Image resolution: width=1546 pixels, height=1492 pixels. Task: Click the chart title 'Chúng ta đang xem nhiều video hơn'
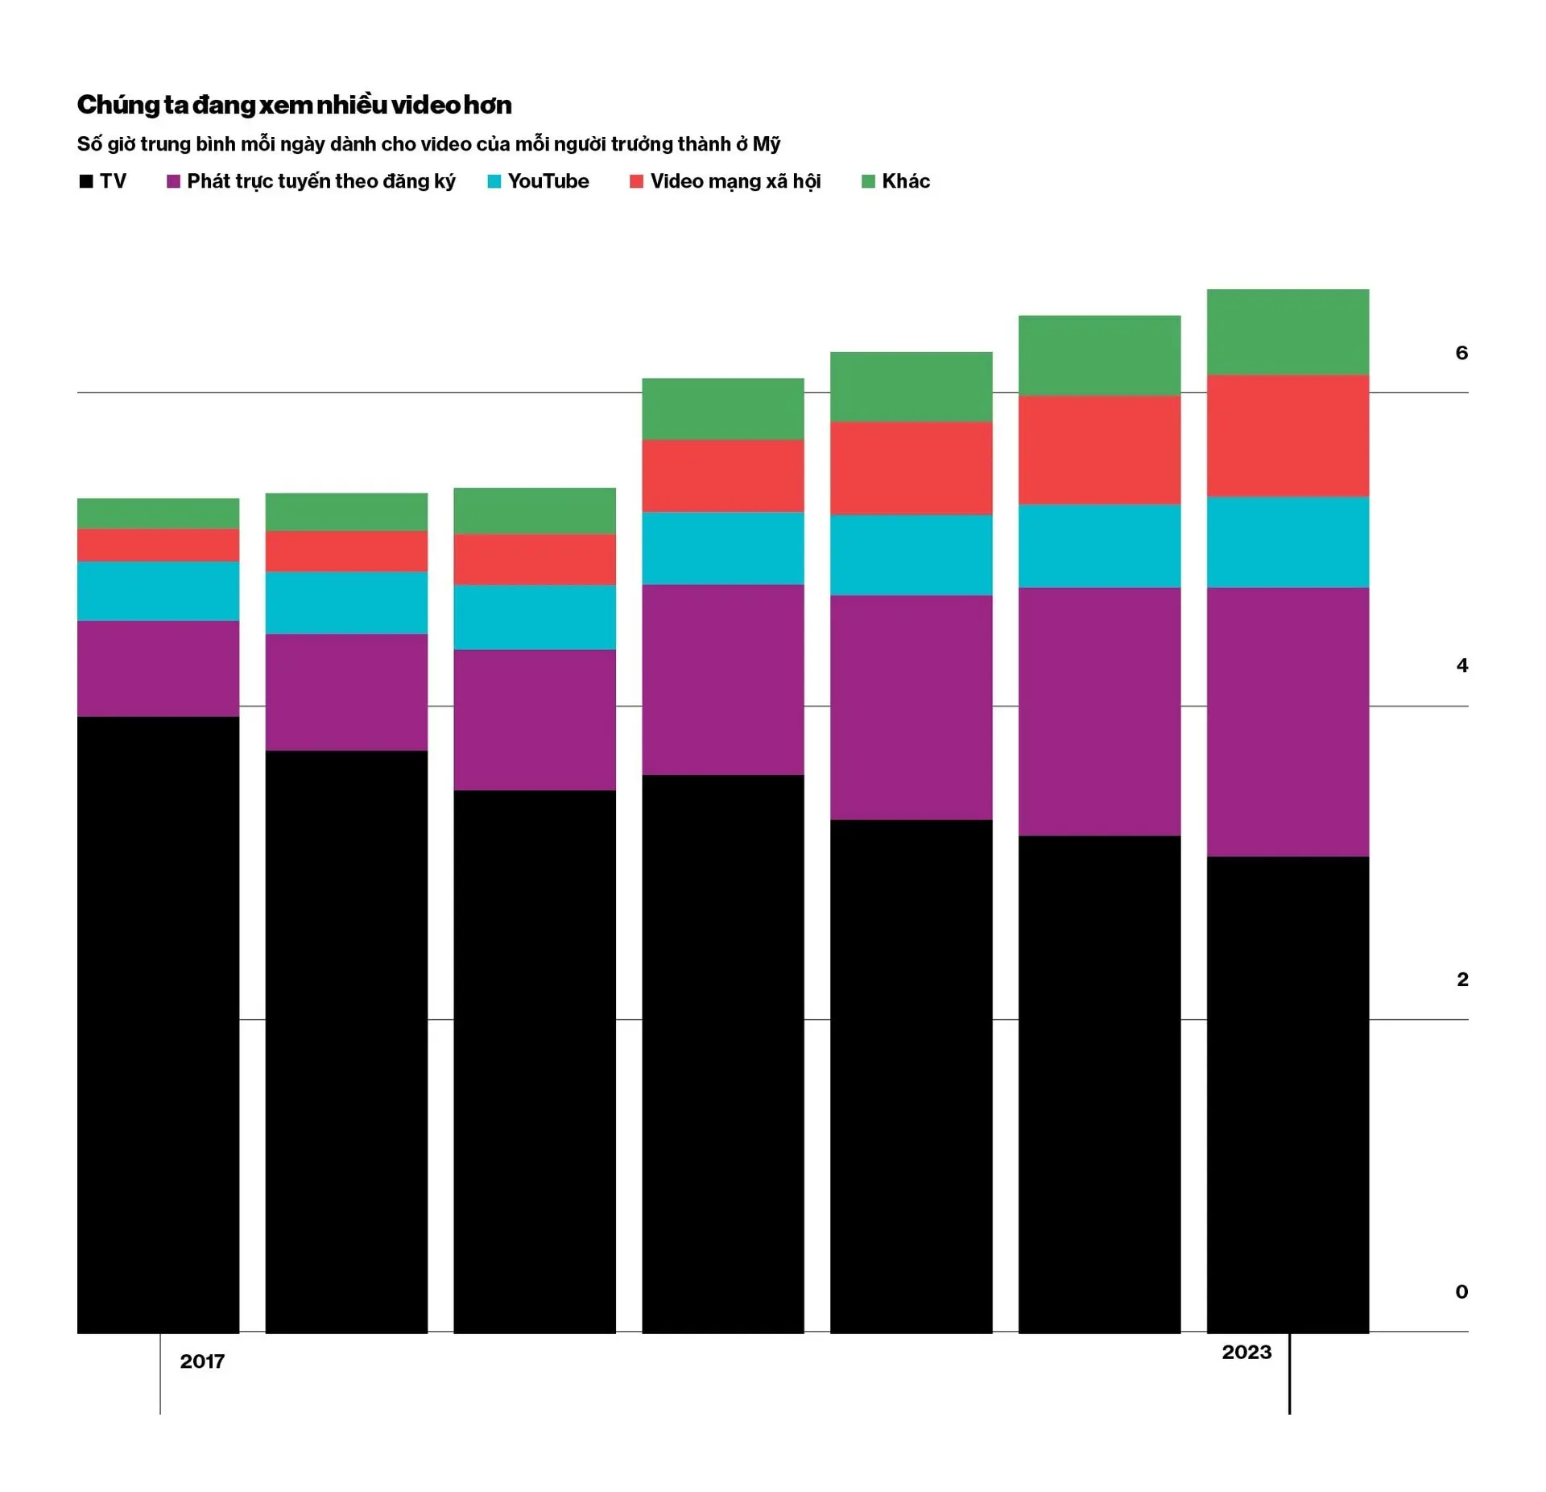click(x=294, y=105)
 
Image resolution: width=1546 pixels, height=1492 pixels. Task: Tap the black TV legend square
click(x=86, y=181)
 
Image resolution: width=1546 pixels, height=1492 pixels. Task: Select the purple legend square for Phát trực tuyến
click(x=173, y=181)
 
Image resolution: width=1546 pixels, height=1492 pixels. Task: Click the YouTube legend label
click(x=548, y=181)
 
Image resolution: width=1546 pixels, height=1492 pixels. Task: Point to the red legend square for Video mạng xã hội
click(x=636, y=181)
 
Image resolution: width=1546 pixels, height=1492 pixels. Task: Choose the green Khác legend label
click(x=905, y=181)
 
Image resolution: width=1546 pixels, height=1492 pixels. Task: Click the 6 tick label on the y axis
click(x=1461, y=353)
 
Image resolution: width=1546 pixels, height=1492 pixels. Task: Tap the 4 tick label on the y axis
click(x=1461, y=665)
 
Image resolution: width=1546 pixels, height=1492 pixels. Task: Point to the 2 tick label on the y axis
click(x=1461, y=980)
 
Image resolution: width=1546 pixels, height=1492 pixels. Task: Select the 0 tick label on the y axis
click(x=1461, y=1292)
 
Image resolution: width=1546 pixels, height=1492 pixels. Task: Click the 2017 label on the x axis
click(x=202, y=1361)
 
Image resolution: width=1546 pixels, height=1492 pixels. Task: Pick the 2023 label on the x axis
click(x=1246, y=1352)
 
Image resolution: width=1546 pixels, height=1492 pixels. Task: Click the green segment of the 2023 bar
click(x=1287, y=332)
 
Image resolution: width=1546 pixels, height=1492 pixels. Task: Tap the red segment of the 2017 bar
click(x=158, y=545)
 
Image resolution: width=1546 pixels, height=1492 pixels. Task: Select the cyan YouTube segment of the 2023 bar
click(x=1287, y=542)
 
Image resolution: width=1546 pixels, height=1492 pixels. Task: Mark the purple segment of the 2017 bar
click(x=158, y=669)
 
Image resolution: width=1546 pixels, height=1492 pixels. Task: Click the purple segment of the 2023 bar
click(x=1287, y=722)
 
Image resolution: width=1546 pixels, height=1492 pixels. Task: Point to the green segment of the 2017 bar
click(x=158, y=514)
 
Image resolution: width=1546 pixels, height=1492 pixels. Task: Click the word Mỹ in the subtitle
click(x=766, y=144)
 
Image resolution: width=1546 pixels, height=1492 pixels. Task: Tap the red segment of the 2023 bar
click(x=1287, y=436)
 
